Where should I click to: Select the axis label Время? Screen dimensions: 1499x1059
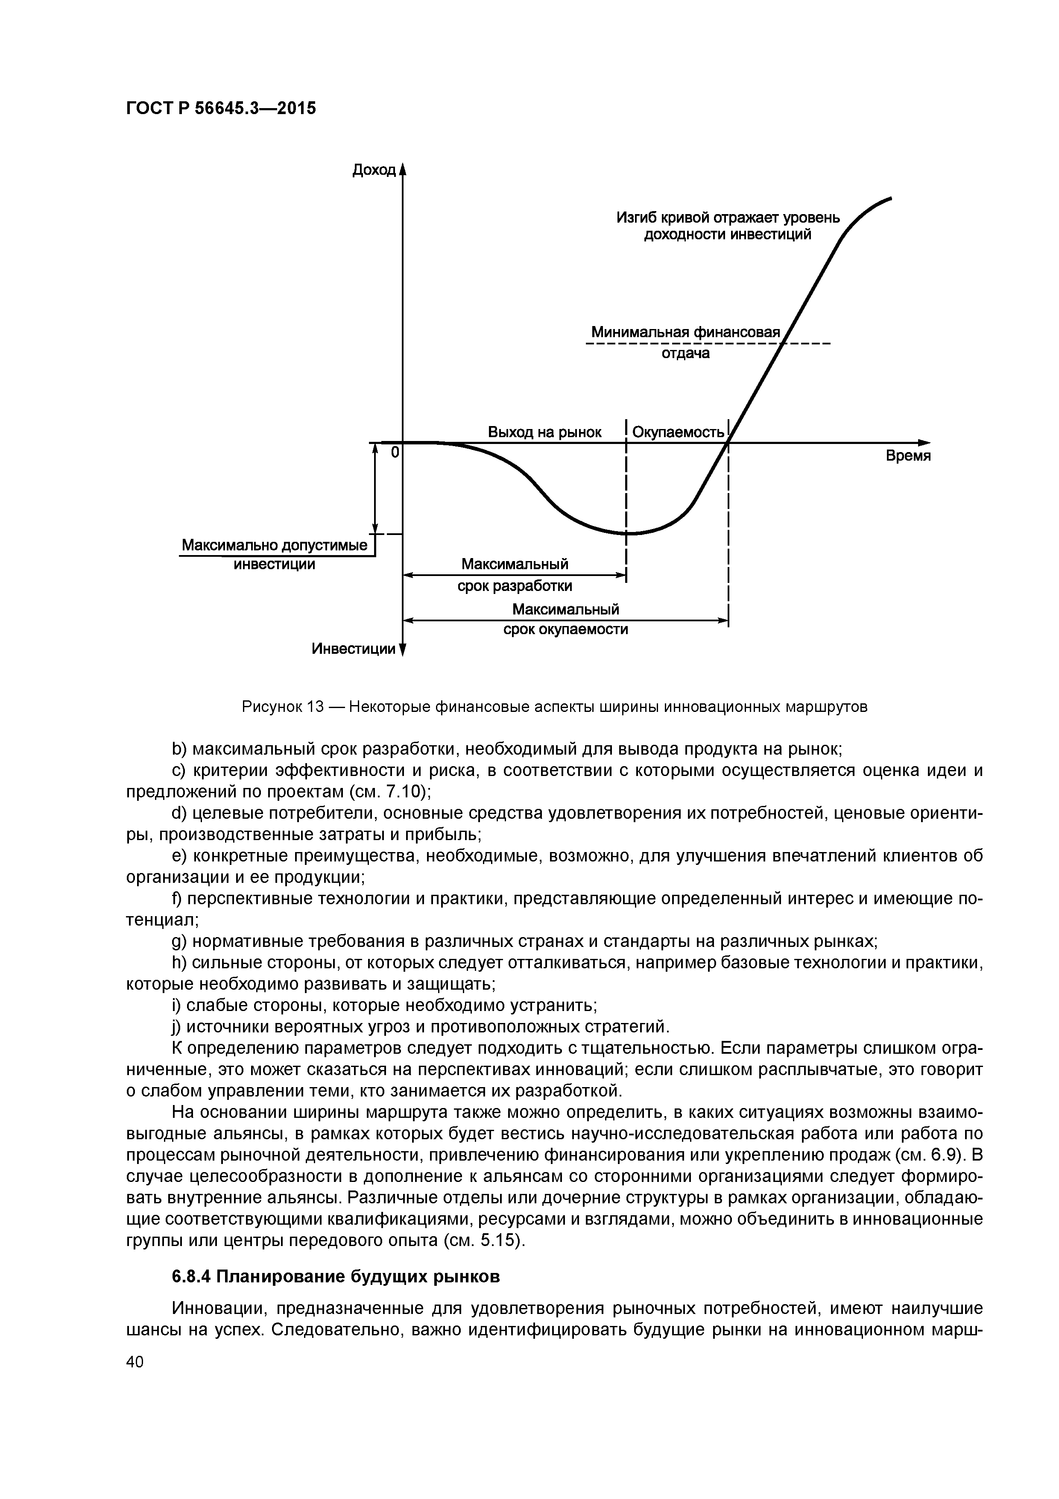(x=907, y=456)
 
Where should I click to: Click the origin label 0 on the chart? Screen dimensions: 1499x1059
(x=394, y=452)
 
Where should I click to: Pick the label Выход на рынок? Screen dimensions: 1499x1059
(x=545, y=432)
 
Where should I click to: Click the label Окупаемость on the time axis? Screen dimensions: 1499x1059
(x=679, y=432)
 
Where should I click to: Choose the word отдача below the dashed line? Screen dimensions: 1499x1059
(x=686, y=354)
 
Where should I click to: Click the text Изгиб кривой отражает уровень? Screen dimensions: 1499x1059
(x=728, y=218)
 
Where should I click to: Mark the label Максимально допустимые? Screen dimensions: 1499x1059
(x=274, y=544)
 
